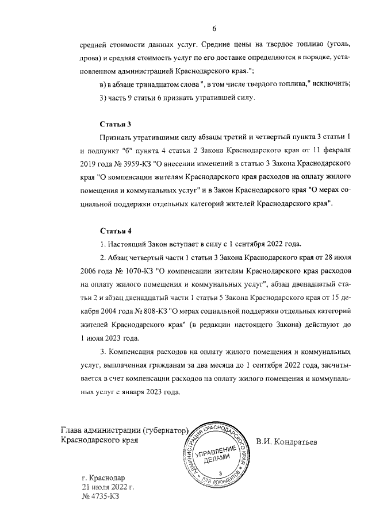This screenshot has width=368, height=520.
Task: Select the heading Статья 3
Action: click(x=116, y=124)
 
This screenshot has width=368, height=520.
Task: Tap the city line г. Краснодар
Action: click(x=103, y=477)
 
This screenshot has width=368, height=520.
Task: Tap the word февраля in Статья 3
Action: click(x=334, y=151)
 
